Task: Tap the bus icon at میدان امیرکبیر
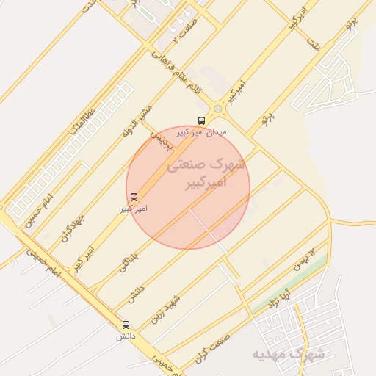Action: (x=201, y=120)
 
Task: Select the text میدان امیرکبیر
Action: (x=209, y=132)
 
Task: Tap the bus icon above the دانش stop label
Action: (x=126, y=325)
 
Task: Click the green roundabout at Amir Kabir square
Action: (x=217, y=110)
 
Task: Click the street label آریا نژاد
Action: (x=281, y=297)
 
